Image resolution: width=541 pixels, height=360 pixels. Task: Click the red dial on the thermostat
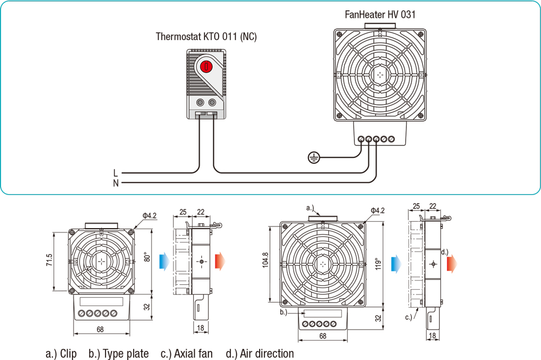206,66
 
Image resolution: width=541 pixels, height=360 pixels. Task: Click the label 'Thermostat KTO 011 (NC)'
206,37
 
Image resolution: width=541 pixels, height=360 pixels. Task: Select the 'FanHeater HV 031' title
380,15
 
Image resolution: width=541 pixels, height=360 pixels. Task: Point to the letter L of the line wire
116,173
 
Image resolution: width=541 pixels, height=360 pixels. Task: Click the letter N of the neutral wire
116,184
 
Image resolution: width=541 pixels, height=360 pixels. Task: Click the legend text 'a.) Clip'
61,354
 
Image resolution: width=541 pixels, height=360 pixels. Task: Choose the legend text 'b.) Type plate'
118,354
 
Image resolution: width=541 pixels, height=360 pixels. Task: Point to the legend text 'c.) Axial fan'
187,354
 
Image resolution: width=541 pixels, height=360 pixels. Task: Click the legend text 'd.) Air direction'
260,354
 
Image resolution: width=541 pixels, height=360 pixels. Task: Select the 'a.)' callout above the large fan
310,208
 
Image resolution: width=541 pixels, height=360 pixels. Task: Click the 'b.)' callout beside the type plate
283,312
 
